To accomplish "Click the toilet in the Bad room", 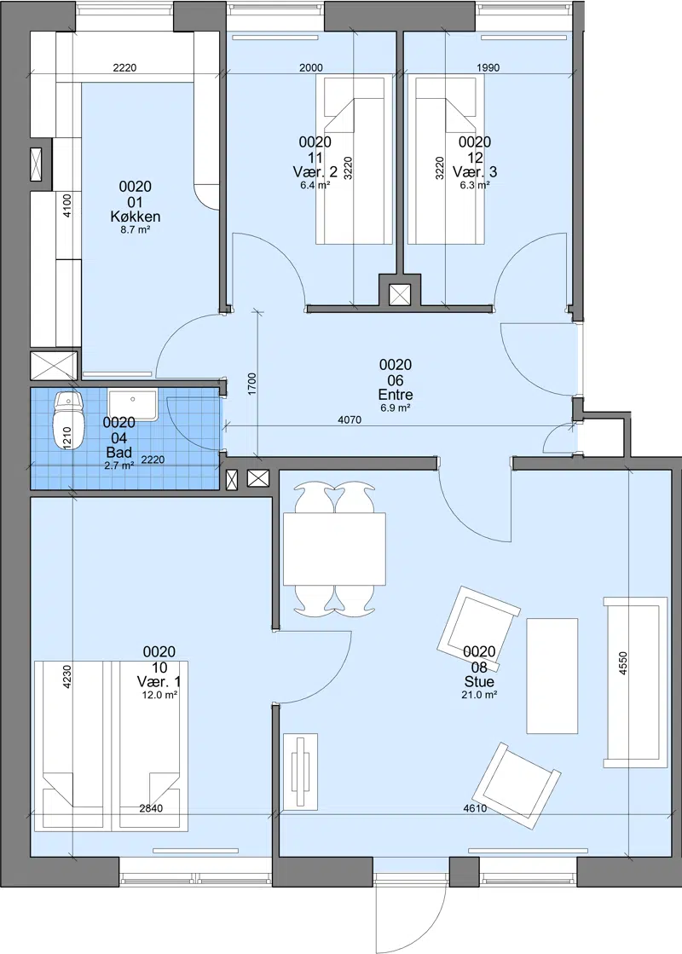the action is pos(67,419).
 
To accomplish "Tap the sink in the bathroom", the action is pos(133,405).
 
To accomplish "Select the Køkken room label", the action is pos(136,216).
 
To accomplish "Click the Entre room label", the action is pos(396,394).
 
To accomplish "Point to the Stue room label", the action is pos(479,681).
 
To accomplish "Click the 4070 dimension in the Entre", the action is pos(350,419).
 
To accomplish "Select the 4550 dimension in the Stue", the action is pos(623,664).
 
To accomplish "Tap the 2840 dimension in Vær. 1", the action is pos(151,808).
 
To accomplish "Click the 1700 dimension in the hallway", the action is pos(252,384).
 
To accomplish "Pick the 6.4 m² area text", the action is pos(315,185).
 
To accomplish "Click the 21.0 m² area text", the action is pos(479,694).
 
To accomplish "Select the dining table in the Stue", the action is pos(334,549).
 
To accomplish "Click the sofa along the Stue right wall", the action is pos(636,682).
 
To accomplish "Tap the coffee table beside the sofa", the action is pos(552,676).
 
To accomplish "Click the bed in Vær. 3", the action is pos(446,159).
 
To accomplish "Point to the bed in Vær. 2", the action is pos(354,159).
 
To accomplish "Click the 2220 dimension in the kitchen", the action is pos(124,67).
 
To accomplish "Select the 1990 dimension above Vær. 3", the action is pos(488,67).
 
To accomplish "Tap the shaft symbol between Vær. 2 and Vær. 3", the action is pos(400,295).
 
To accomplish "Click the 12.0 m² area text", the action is pos(159,695).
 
